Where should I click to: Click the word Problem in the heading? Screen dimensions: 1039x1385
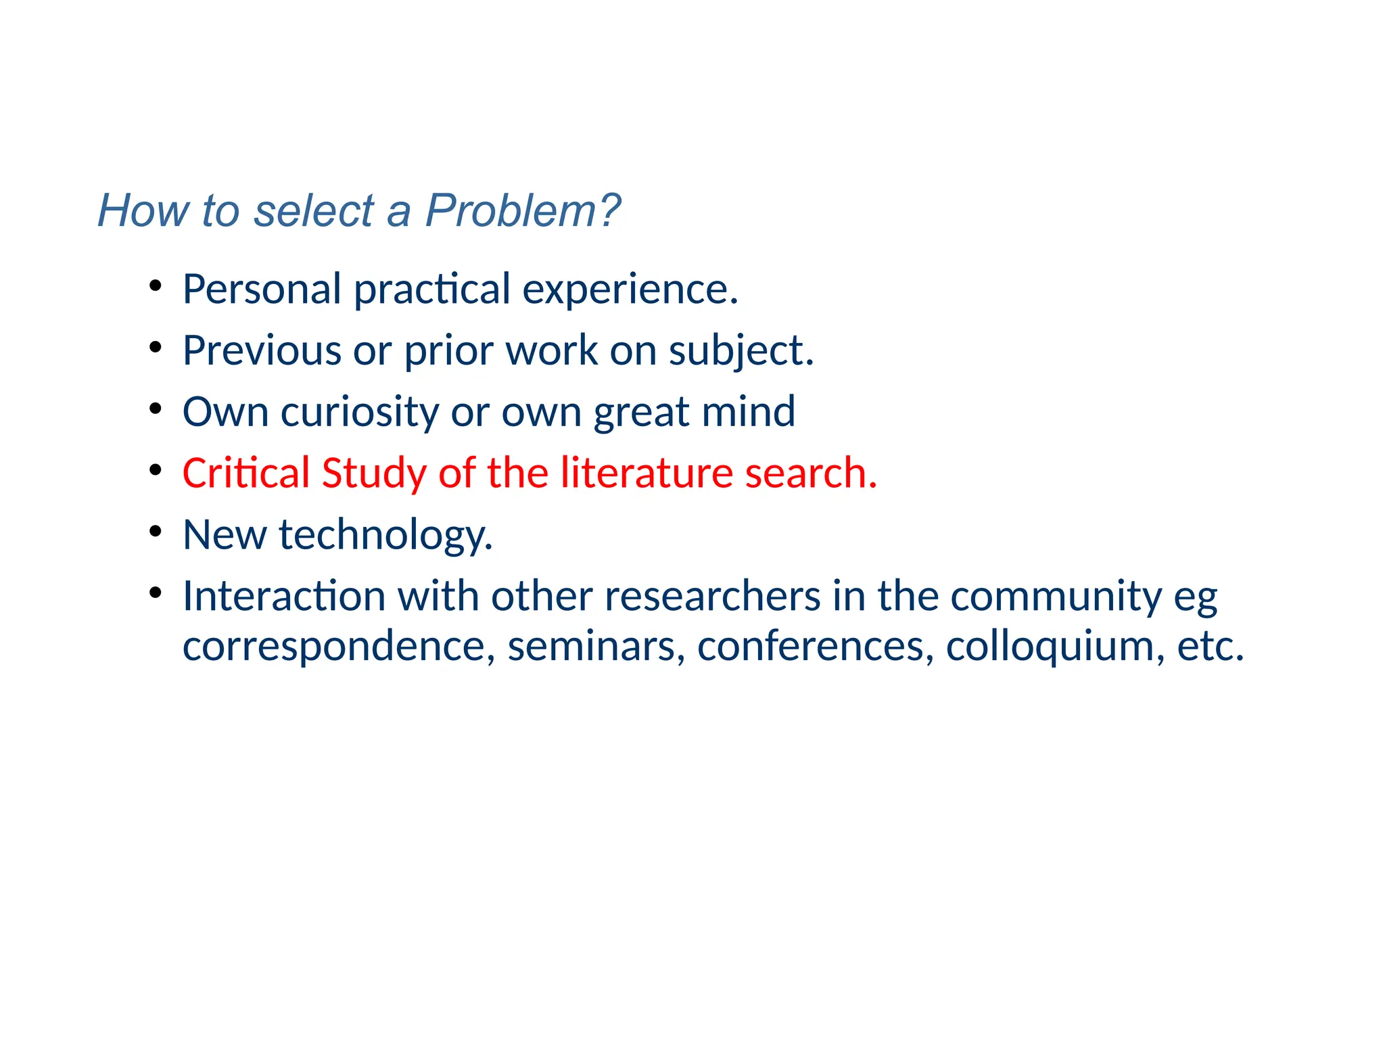point(521,210)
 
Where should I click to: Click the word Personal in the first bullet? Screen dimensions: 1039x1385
point(262,289)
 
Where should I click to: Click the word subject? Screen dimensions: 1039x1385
point(741,352)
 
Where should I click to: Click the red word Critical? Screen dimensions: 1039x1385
point(245,473)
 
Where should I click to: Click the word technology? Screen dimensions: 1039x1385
point(385,536)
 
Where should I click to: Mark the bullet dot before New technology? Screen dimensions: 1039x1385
point(156,531)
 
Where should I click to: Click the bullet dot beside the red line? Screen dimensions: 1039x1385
point(156,469)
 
